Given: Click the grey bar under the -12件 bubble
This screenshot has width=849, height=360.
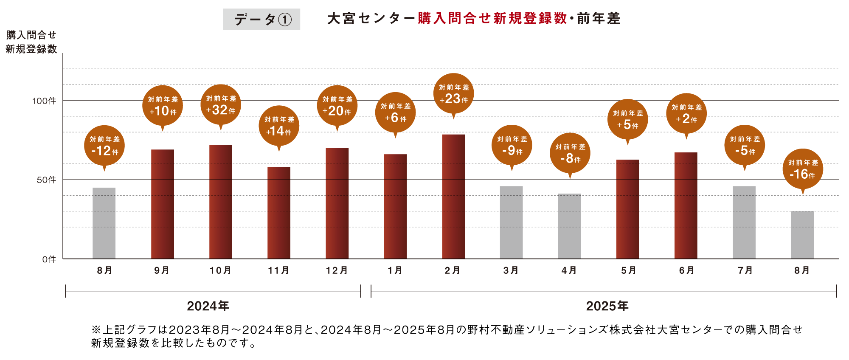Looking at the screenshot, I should (104, 223).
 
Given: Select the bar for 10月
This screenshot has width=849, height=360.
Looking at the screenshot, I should (221, 202).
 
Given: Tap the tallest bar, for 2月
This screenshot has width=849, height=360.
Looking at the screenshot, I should (453, 196).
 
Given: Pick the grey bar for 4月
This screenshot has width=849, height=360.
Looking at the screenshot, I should (569, 226).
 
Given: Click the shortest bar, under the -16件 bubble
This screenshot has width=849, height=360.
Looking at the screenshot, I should (802, 235).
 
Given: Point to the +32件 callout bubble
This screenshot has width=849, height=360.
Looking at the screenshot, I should (221, 105).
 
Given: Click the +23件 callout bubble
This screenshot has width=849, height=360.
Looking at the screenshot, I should (453, 94).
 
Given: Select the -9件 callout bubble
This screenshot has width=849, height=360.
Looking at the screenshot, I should (512, 145).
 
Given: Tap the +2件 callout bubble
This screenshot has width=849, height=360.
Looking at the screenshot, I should (686, 114).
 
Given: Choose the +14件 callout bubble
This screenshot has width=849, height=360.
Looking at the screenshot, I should (279, 126).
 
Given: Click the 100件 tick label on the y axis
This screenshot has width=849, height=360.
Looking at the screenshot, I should (44, 101).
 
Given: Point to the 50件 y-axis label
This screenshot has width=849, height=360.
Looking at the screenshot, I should (46, 180).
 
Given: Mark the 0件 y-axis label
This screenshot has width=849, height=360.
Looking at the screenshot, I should (49, 259).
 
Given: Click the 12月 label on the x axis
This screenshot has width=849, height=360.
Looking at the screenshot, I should (337, 270).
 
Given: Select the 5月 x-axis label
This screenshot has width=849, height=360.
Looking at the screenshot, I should (628, 270).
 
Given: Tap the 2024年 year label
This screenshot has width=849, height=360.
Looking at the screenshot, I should (208, 306).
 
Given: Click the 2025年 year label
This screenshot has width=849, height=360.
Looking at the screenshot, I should (607, 306).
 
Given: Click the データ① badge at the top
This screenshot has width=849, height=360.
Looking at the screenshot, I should (261, 20).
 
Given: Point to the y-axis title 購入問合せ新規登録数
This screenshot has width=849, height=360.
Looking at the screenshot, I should (31, 42).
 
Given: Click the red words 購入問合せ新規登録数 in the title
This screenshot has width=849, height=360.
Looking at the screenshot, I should (492, 19).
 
